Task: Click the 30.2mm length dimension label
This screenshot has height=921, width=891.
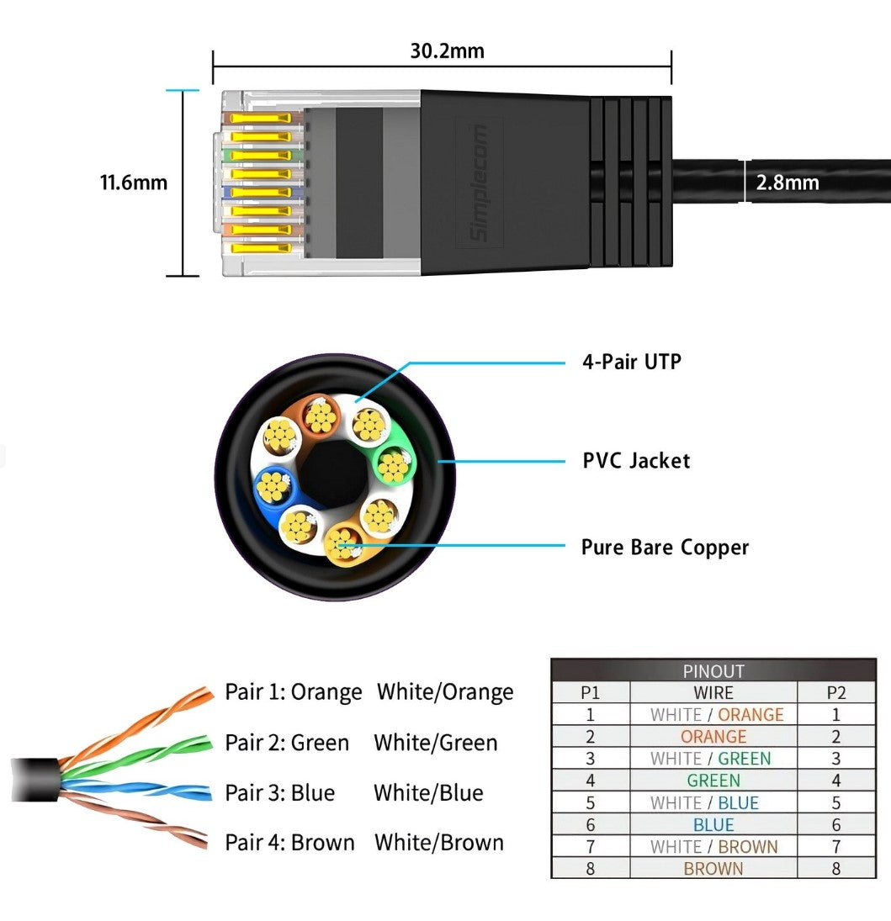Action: (x=447, y=50)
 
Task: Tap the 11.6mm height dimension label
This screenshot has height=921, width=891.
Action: (x=134, y=183)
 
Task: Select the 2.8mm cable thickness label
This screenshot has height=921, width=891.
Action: (x=787, y=183)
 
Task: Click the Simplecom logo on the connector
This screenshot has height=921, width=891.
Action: (x=480, y=183)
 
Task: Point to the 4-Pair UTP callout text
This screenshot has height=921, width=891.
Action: (x=632, y=363)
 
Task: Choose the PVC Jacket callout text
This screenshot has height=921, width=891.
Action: (x=636, y=461)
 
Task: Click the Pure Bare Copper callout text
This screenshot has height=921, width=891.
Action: (x=665, y=548)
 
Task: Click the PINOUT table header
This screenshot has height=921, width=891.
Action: (x=713, y=671)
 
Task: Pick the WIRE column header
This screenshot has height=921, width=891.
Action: (x=713, y=693)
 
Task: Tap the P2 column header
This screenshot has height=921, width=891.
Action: (x=835, y=693)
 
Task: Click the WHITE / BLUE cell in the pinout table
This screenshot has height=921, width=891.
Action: (x=713, y=802)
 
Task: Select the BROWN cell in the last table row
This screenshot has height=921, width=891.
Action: (x=713, y=869)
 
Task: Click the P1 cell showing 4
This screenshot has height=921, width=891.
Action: (x=590, y=781)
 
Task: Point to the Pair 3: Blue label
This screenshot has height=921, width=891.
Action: (x=280, y=793)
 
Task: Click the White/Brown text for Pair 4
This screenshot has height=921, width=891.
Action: (x=439, y=842)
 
